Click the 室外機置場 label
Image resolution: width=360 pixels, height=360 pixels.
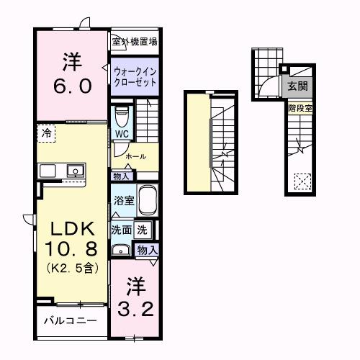click(x=135, y=42)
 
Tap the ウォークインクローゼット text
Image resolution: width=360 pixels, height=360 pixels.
click(x=135, y=76)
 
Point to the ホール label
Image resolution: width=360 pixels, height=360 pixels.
click(x=136, y=156)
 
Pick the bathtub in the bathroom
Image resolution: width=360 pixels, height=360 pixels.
click(x=147, y=202)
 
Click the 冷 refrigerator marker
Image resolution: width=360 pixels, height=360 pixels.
click(x=46, y=133)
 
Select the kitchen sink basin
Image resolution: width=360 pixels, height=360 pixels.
click(x=73, y=171)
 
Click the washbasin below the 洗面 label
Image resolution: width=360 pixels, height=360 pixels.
click(x=120, y=251)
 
